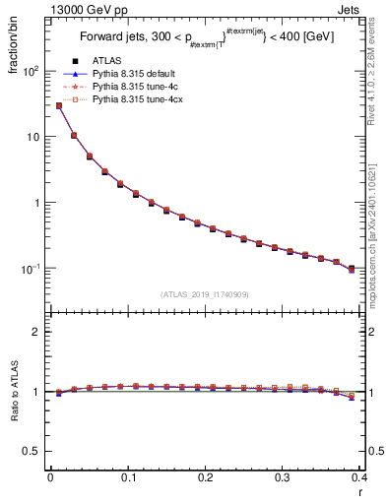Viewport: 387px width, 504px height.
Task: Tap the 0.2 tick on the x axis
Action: point(205,477)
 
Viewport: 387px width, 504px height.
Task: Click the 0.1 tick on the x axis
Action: point(127,477)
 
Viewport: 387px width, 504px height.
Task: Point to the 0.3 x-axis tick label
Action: point(282,477)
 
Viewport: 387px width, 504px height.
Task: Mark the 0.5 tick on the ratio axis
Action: point(34,452)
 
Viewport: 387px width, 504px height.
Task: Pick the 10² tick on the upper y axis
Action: point(32,71)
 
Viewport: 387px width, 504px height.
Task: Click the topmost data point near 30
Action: point(59,105)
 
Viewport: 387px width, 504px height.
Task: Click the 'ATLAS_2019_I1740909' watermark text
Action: point(205,294)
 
